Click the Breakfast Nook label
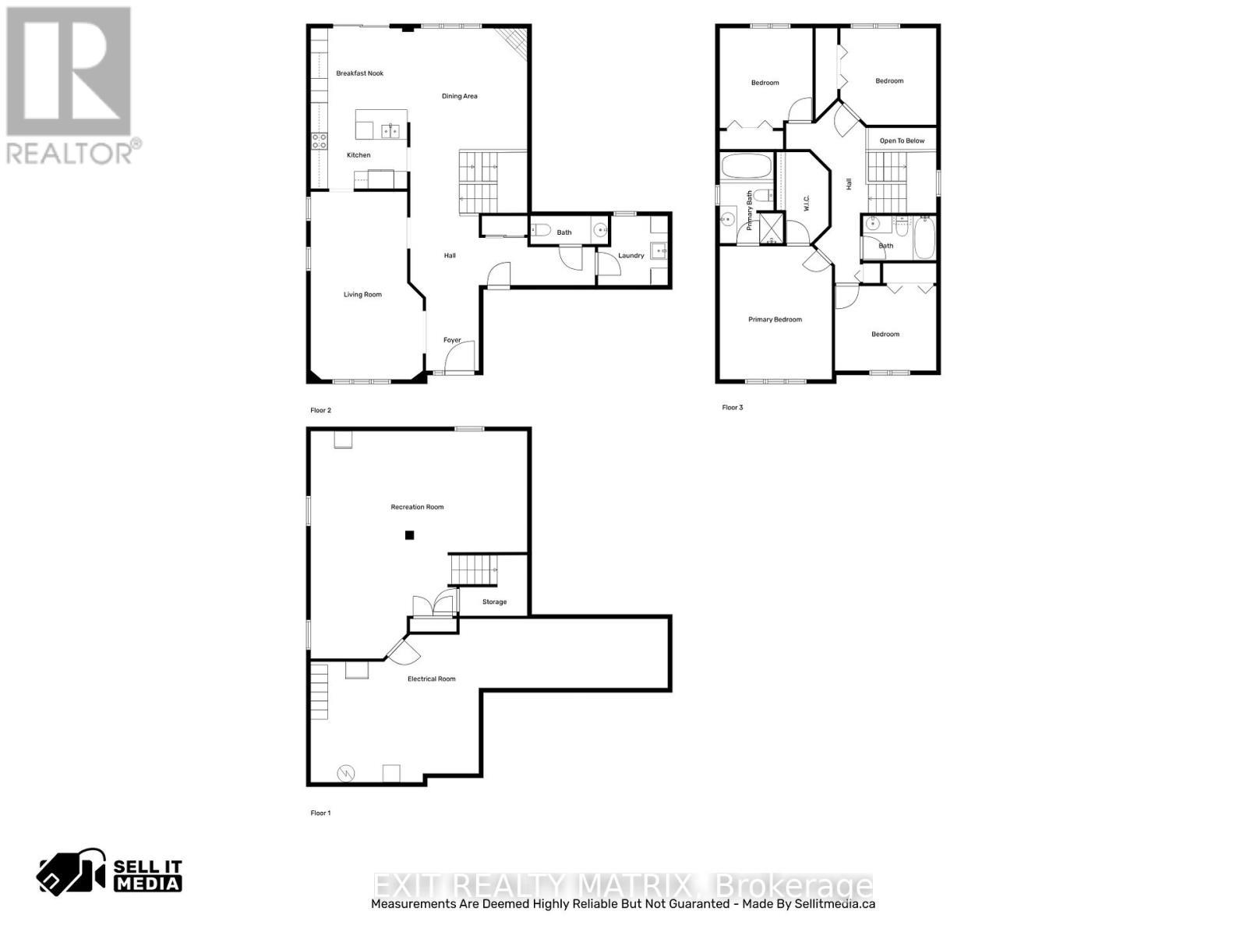tap(360, 73)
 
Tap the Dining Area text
tap(459, 97)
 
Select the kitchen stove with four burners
tap(320, 141)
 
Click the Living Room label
tap(362, 295)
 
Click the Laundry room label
tap(631, 256)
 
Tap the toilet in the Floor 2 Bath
tap(542, 230)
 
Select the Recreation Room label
tap(417, 507)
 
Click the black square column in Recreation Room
tap(409, 535)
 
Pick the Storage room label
tap(494, 602)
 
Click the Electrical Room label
tap(431, 679)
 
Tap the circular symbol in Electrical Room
tap(345, 773)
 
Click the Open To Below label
tap(902, 141)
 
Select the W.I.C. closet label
tap(807, 203)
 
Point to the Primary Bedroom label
tap(775, 320)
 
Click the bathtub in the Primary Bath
tap(746, 166)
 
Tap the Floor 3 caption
tap(732, 408)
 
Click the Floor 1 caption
tap(320, 814)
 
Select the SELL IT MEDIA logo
tap(110, 873)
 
